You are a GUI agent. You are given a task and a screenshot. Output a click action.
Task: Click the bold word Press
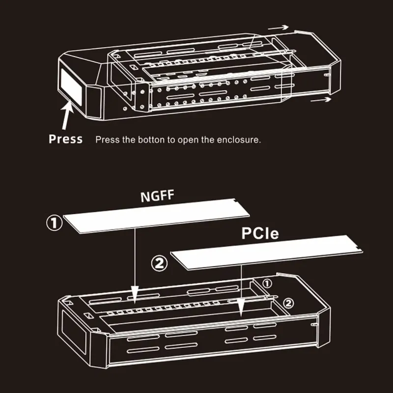click(x=65, y=139)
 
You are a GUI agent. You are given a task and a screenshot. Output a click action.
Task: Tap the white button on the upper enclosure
click(x=70, y=84)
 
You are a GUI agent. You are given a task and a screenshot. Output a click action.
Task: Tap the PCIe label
click(x=260, y=233)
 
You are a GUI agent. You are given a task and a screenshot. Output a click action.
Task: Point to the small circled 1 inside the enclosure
click(x=267, y=283)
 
